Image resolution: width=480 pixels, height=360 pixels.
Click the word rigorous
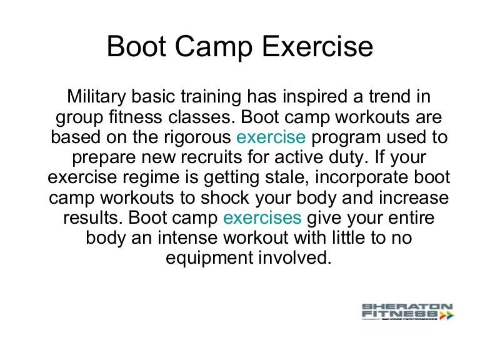(195, 137)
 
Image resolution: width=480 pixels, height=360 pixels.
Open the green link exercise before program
(271, 137)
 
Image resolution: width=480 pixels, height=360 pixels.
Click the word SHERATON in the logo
(407, 307)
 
